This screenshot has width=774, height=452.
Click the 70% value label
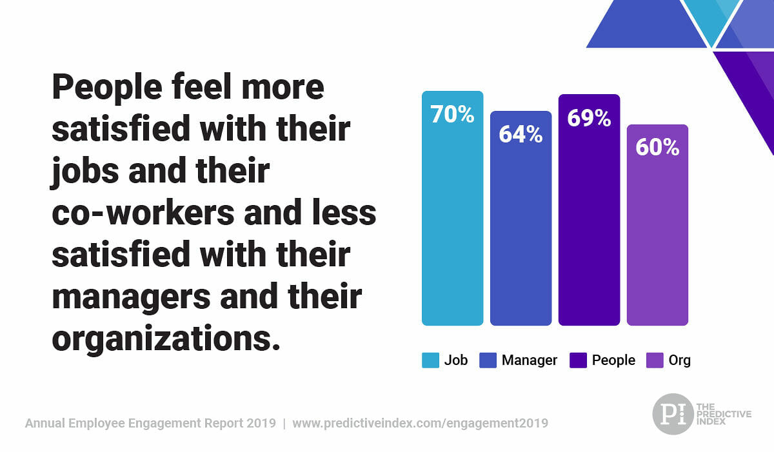coord(452,114)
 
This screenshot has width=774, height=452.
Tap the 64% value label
coord(521,134)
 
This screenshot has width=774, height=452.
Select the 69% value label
coord(589,118)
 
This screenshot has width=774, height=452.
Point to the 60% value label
coord(657,147)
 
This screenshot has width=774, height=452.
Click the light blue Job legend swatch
coord(430,360)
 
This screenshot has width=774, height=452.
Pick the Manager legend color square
coord(488,360)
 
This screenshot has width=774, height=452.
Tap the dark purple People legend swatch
coord(578,360)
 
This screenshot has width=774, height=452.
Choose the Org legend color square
coord(655,360)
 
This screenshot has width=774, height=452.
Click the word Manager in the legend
coord(529,360)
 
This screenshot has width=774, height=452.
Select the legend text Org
coord(679,360)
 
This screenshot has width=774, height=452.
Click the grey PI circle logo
coord(672,414)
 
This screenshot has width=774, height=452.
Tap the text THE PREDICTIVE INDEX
coord(723,414)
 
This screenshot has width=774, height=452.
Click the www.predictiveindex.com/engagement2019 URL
coord(420,424)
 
